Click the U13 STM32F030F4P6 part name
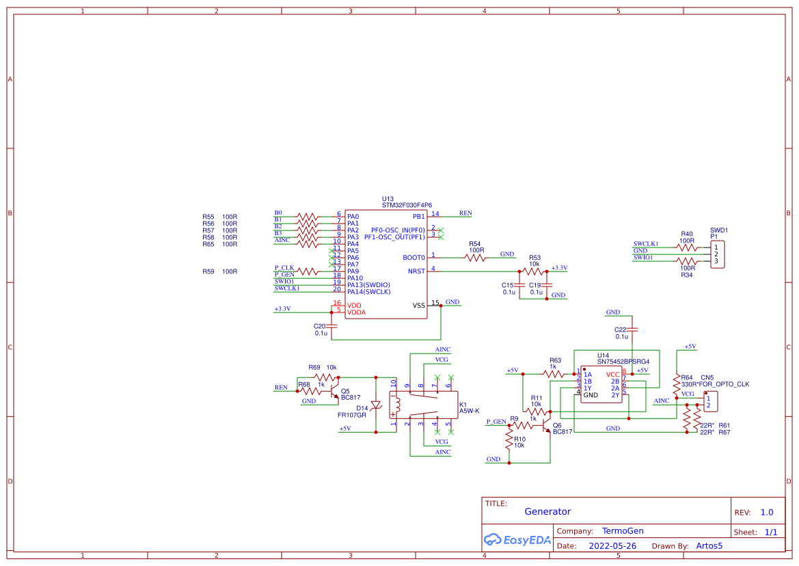(x=406, y=205)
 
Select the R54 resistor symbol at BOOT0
(x=475, y=258)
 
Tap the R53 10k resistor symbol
(x=534, y=271)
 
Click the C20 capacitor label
(x=319, y=326)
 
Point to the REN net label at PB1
(x=465, y=213)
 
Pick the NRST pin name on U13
(x=416, y=271)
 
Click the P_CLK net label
(x=284, y=268)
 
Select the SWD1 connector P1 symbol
(x=717, y=254)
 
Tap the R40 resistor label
(x=686, y=234)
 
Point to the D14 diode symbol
(x=375, y=405)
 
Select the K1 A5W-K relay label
(x=469, y=407)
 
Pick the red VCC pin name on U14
(x=612, y=375)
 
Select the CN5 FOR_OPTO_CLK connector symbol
(x=711, y=402)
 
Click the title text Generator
(x=547, y=511)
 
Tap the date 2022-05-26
(x=612, y=546)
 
